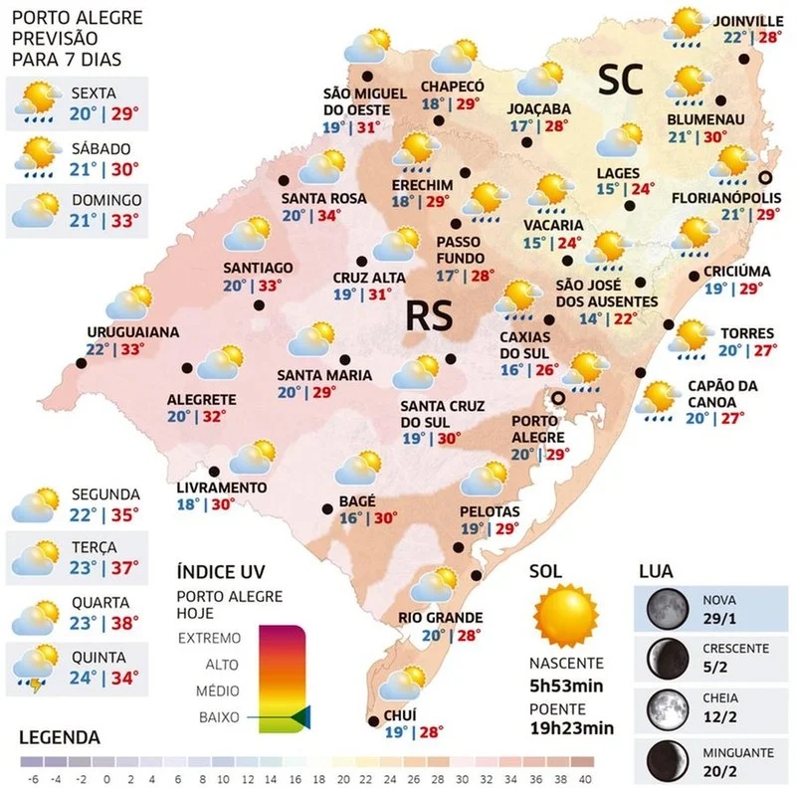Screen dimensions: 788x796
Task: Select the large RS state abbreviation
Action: coord(429,316)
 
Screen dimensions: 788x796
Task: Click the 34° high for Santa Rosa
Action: coord(324,215)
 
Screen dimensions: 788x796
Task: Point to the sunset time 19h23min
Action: coord(571,727)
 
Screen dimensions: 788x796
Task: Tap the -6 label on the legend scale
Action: coord(33,779)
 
